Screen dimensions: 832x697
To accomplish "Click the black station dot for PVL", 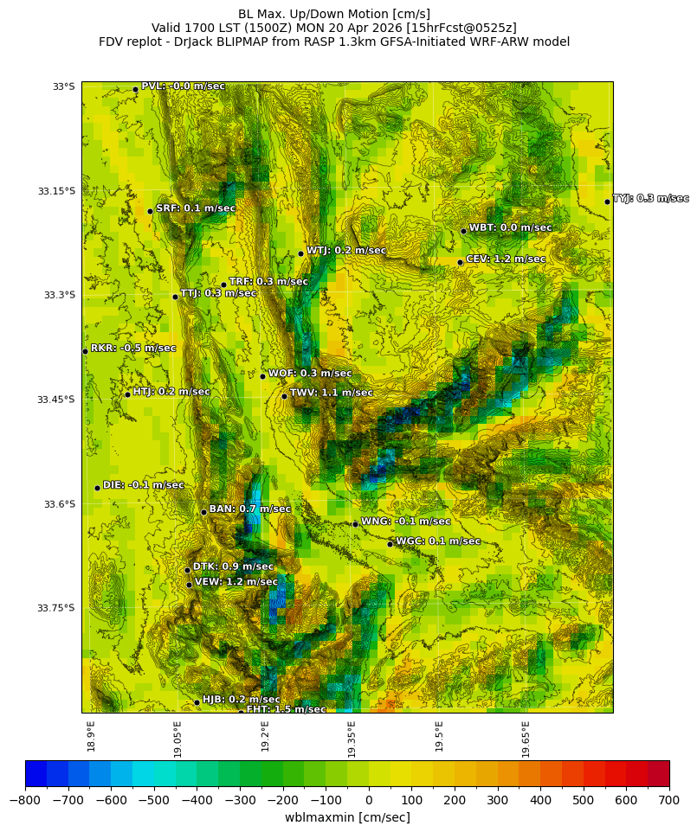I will (135, 89).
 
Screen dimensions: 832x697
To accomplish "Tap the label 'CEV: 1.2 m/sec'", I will (506, 259).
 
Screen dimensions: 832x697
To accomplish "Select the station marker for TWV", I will (284, 396).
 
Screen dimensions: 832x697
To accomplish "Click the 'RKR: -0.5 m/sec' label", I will (133, 348).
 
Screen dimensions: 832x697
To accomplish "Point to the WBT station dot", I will (463, 231).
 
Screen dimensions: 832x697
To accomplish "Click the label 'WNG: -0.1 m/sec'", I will (405, 522).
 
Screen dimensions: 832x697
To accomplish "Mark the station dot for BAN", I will (203, 512).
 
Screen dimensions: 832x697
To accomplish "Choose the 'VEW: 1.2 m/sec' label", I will (236, 582).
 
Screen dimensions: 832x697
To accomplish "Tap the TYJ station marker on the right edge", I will (607, 202).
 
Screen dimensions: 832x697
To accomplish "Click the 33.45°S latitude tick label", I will (56, 400).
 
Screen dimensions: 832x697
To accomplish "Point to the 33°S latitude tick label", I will (63, 86).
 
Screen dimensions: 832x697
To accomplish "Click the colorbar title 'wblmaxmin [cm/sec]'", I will (347, 817).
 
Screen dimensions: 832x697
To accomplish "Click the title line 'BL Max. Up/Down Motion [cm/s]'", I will (334, 14).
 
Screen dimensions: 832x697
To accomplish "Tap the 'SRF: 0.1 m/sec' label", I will (196, 208).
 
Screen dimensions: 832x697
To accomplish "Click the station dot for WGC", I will (390, 544).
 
